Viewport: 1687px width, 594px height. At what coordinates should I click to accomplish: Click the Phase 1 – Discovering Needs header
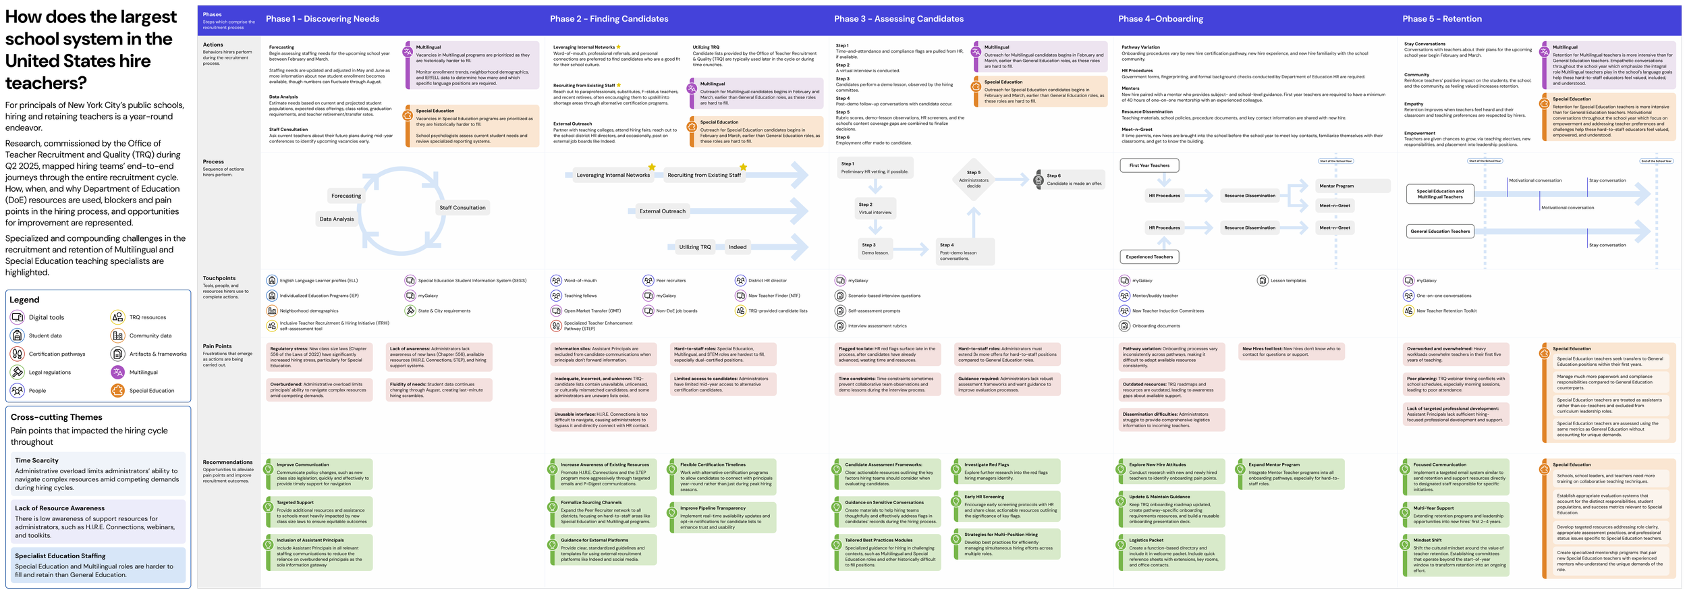[x=323, y=19]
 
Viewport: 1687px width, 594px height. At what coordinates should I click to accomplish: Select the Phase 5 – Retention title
[x=1442, y=19]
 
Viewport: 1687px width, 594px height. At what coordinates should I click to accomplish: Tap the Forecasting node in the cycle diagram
[x=346, y=196]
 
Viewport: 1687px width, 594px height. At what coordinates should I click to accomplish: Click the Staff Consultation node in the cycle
[x=462, y=208]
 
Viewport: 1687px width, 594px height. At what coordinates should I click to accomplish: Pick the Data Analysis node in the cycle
[x=337, y=219]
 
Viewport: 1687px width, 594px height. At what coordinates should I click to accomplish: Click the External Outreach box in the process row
[x=662, y=211]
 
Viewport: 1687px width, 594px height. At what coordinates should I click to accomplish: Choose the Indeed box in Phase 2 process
[x=738, y=247]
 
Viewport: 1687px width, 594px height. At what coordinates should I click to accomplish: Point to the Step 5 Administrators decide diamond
[x=974, y=180]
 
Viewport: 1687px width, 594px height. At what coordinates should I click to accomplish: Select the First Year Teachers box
[x=1149, y=165]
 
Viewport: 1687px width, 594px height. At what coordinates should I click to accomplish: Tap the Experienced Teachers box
[x=1149, y=256]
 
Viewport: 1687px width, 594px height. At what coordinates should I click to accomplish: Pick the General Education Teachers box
[x=1440, y=232]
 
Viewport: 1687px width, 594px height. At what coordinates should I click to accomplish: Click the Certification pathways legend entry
[x=57, y=354]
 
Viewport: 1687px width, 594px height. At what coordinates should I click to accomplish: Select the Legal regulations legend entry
[x=49, y=372]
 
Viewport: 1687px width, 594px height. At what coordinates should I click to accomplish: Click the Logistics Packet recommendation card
[x=1173, y=552]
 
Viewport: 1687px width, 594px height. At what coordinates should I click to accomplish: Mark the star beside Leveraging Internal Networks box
[x=652, y=167]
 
